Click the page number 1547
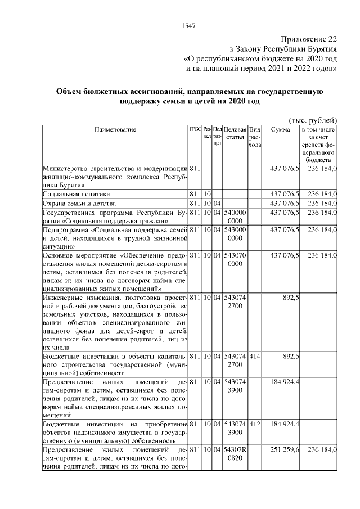(188, 26)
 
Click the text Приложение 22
(308, 39)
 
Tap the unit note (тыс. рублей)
(312, 120)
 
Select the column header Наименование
(115, 130)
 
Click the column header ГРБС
(195, 130)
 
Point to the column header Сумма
(281, 130)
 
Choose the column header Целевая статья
(235, 134)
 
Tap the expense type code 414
(254, 357)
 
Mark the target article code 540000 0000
(235, 217)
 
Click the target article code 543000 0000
(235, 235)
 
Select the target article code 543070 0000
(235, 261)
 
